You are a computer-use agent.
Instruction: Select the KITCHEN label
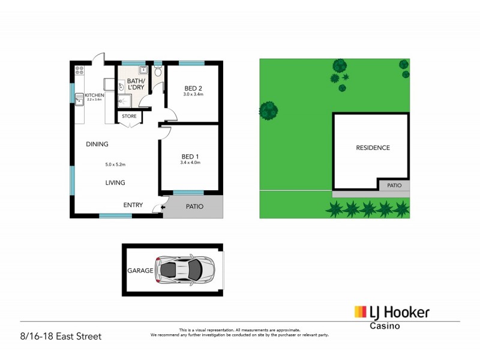tap(94, 95)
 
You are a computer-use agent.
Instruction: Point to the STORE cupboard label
tap(129, 116)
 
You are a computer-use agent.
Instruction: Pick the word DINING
tap(97, 144)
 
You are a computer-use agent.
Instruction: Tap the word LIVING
tap(115, 182)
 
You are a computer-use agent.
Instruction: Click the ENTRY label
tap(133, 205)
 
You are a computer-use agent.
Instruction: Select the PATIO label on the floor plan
tap(194, 206)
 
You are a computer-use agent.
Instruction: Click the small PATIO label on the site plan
tap(394, 185)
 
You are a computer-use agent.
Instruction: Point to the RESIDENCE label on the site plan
tap(373, 148)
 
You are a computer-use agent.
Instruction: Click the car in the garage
tap(184, 270)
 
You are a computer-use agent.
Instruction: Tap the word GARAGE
tap(140, 271)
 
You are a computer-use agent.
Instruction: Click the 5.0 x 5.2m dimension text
tap(115, 164)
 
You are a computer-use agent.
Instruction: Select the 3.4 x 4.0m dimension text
tap(190, 163)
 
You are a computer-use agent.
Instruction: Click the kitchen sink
tap(79, 99)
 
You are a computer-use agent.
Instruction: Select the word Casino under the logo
tap(384, 326)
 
